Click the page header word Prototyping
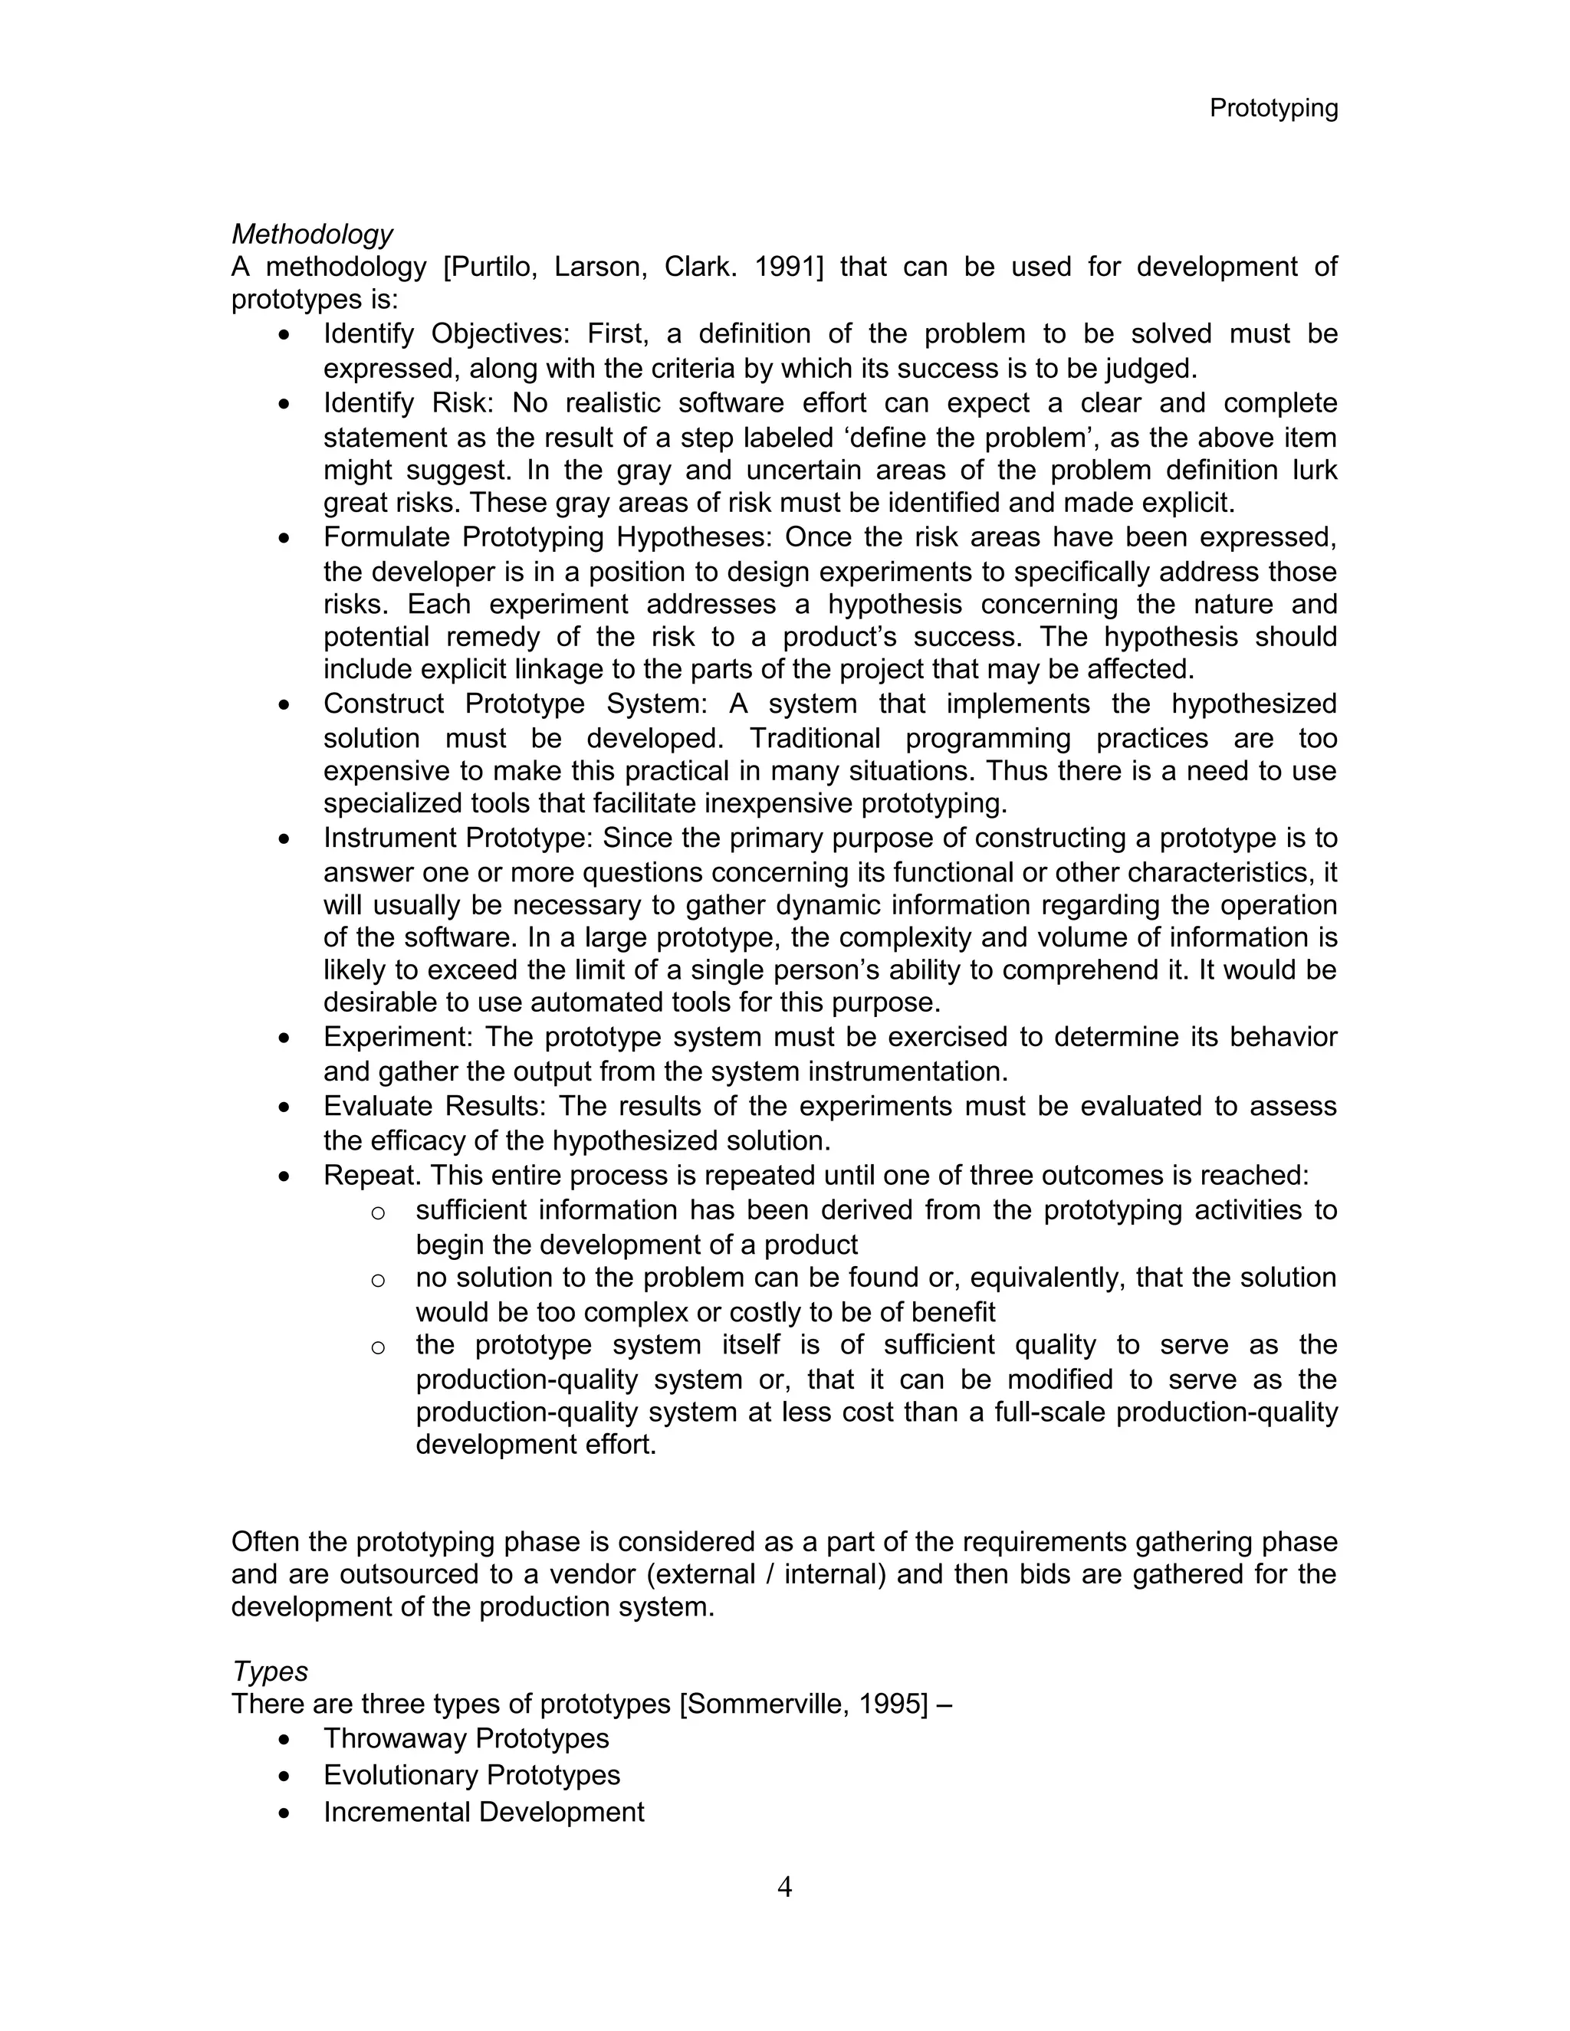1273,109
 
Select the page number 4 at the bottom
784,1887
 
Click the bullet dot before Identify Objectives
284,335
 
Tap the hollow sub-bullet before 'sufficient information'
378,1212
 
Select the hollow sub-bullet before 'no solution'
378,1281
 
